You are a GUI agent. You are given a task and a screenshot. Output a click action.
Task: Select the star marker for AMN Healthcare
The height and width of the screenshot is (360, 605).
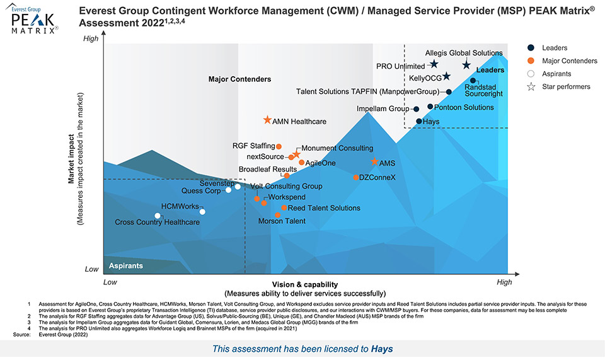tap(267, 120)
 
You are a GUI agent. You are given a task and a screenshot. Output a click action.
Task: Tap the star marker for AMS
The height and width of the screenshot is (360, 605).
tap(374, 162)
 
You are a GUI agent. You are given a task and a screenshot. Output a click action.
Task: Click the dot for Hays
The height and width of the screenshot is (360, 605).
tap(419, 121)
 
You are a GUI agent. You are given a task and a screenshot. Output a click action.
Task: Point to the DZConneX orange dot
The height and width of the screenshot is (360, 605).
tap(356, 178)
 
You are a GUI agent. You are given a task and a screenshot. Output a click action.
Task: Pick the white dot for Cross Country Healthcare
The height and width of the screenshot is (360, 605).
tap(158, 216)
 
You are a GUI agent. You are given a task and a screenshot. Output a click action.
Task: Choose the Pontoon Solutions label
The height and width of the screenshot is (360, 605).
tap(464, 107)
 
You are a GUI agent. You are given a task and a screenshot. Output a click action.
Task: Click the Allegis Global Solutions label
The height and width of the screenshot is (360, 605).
tap(464, 54)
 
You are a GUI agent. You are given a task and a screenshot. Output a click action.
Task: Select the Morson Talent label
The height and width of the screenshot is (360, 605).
tap(282, 221)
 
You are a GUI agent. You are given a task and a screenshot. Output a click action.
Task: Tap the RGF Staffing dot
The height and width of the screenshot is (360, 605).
tap(279, 146)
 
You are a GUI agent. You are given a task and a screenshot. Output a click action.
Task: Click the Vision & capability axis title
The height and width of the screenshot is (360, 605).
tap(305, 285)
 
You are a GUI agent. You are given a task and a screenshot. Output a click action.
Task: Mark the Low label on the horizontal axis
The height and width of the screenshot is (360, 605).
tap(110, 282)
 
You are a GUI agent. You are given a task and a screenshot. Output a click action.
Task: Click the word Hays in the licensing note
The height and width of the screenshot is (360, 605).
tap(382, 349)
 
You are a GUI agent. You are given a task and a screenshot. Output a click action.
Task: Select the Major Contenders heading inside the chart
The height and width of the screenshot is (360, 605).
tap(239, 79)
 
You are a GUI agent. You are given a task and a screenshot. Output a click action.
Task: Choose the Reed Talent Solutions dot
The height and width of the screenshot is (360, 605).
tap(284, 207)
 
